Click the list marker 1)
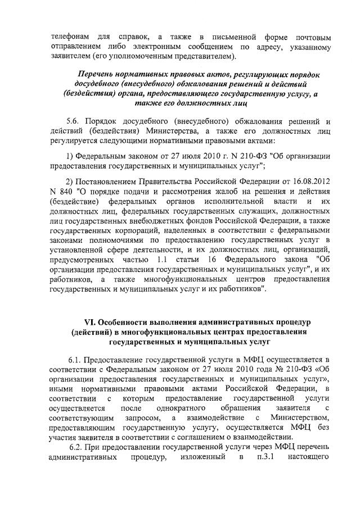(x=70, y=156)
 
